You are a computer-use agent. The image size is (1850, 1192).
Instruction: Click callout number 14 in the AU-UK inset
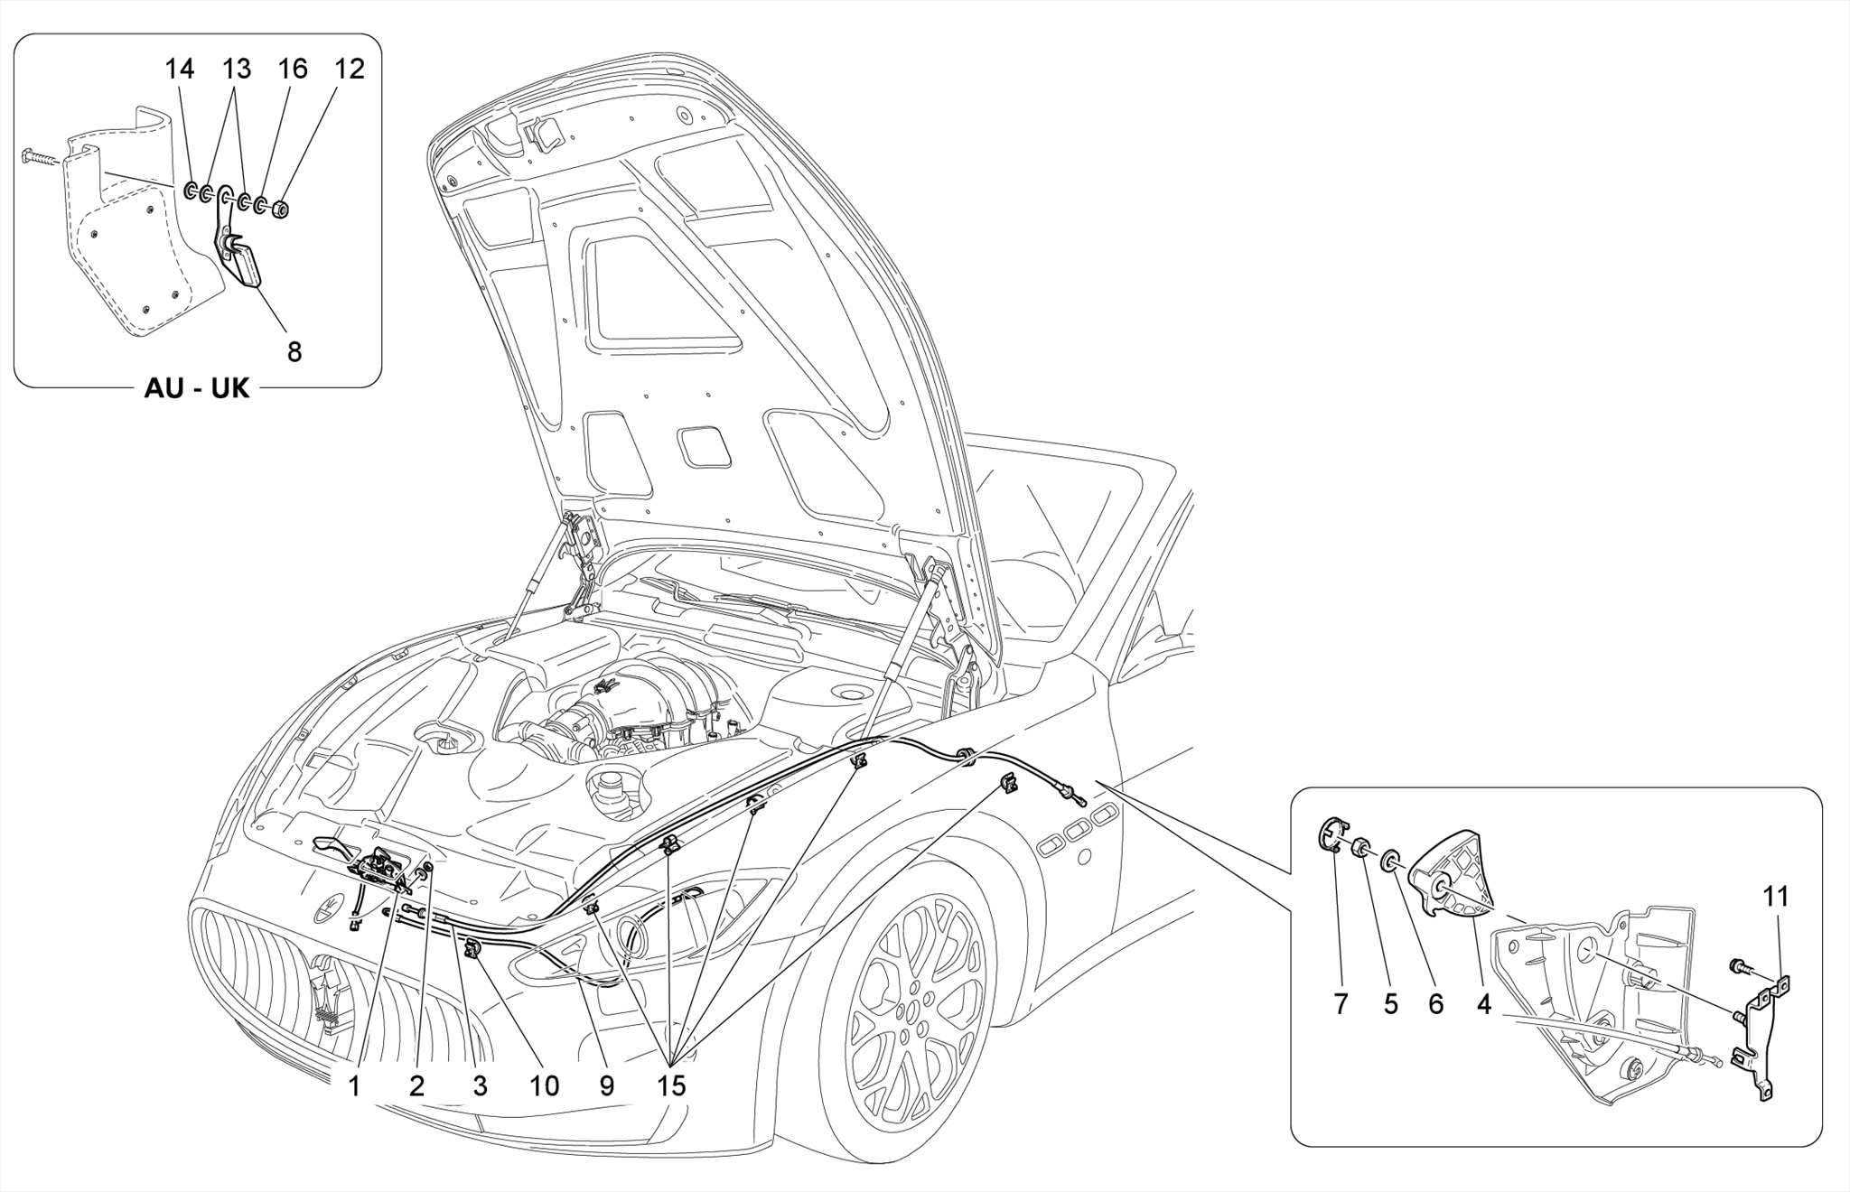point(180,69)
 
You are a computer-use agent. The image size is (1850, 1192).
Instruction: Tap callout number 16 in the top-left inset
point(293,69)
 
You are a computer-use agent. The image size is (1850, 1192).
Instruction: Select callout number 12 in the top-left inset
point(350,69)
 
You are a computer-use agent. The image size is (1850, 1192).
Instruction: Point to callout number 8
point(294,351)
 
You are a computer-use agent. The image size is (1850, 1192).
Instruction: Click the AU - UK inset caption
point(197,388)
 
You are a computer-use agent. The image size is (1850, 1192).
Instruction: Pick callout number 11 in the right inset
point(1776,897)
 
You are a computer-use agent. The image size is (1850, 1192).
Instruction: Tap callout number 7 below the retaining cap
point(1341,1003)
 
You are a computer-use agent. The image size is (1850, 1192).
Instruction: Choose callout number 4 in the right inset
point(1484,1003)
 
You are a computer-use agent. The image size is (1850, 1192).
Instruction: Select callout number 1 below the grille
point(354,1085)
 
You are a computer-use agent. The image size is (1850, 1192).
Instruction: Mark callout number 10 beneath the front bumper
point(545,1085)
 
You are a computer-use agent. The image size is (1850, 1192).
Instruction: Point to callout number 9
point(606,1085)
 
